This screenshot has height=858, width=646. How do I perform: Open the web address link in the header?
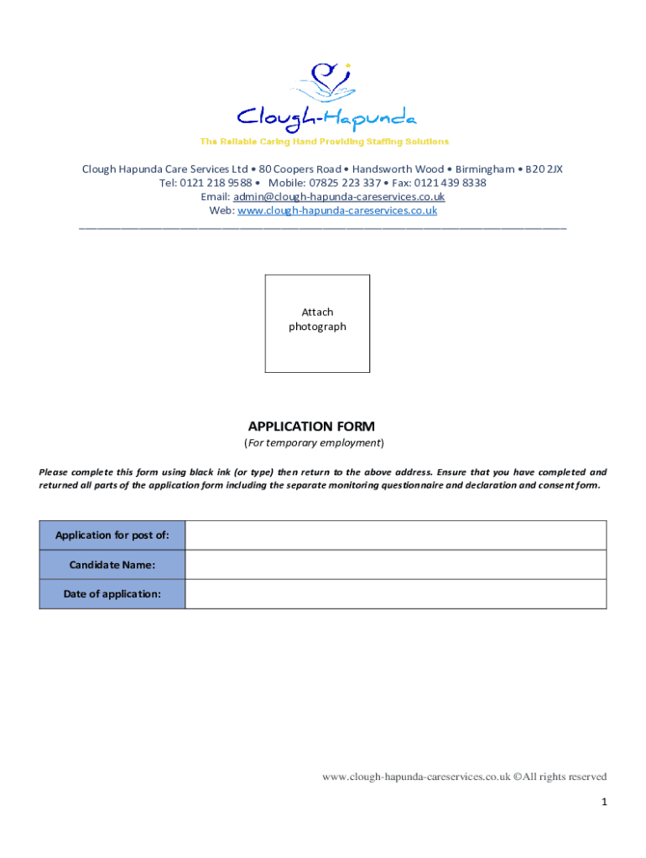coord(337,211)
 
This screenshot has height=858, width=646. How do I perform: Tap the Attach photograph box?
coord(317,323)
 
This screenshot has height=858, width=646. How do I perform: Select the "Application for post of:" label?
coord(112,535)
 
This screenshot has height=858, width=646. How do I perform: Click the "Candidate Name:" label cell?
coord(112,565)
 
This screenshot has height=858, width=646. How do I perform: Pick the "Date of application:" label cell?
coord(112,594)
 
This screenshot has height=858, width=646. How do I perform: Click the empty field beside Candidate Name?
coord(395,565)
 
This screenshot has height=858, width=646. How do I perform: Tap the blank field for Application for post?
coord(395,535)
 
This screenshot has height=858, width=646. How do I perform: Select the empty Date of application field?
coord(395,594)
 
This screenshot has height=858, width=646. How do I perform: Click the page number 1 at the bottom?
coord(603,802)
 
